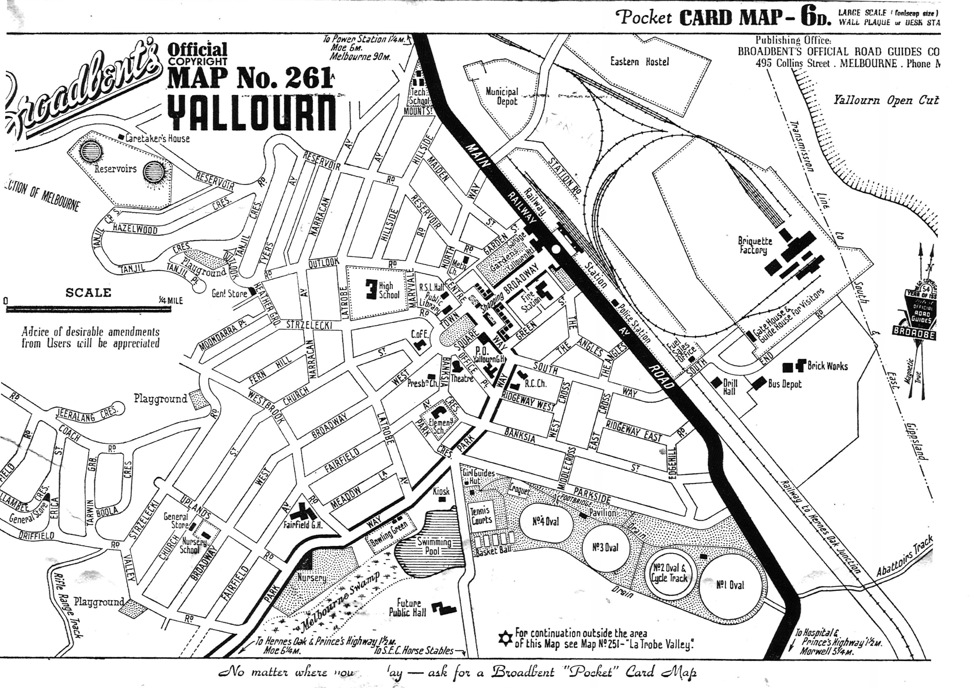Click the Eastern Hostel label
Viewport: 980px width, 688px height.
pyautogui.click(x=639, y=61)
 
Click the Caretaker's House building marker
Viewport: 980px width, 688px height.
pyautogui.click(x=121, y=137)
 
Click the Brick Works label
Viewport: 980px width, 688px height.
pyautogui.click(x=827, y=366)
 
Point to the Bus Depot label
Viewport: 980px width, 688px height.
pyautogui.click(x=784, y=384)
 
